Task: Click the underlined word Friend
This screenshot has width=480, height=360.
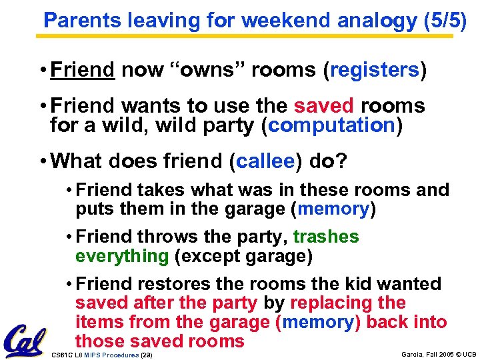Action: [x=83, y=70]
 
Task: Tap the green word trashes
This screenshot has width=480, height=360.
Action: [x=325, y=237]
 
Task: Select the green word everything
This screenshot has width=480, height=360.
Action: [x=122, y=255]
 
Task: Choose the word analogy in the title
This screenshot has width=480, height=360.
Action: [x=377, y=20]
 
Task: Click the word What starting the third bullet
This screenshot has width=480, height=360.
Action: [x=80, y=160]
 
